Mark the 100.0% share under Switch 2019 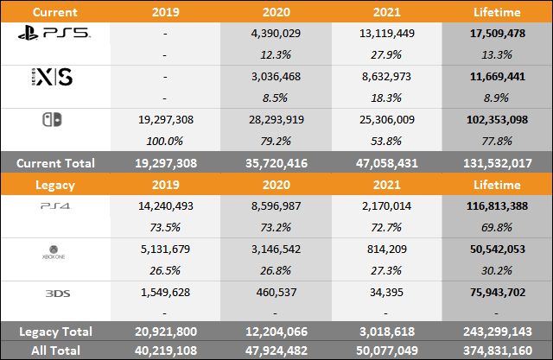[x=165, y=142]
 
